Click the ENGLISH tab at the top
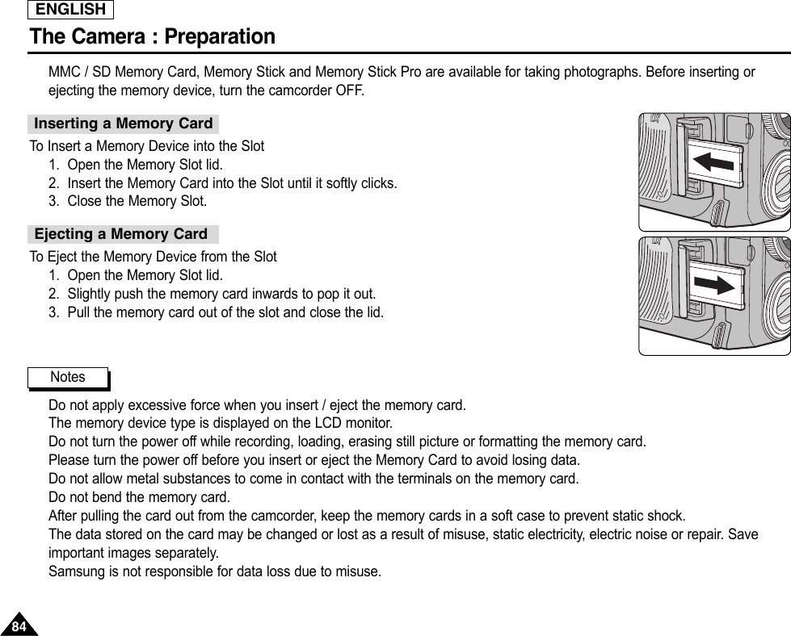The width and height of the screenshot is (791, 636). click(x=70, y=10)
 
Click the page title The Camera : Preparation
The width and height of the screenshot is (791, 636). click(x=152, y=37)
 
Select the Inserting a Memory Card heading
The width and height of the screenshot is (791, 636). click(x=124, y=123)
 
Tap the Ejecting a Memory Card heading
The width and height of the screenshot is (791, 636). click(x=121, y=234)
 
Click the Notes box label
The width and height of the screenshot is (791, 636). click(x=67, y=377)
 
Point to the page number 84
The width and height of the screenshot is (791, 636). click(x=19, y=626)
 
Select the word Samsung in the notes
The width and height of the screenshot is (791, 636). click(x=74, y=572)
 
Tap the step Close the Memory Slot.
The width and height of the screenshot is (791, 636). click(x=137, y=201)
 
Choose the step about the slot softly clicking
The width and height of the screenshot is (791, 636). click(x=232, y=183)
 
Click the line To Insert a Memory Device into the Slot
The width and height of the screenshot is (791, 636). click(x=147, y=147)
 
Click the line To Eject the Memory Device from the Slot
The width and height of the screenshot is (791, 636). click(x=154, y=257)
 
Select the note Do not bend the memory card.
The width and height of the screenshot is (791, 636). click(x=140, y=496)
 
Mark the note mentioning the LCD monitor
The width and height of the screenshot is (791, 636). click(x=221, y=423)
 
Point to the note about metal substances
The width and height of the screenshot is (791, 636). click(x=313, y=479)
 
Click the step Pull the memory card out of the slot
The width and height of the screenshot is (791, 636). click(x=225, y=312)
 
